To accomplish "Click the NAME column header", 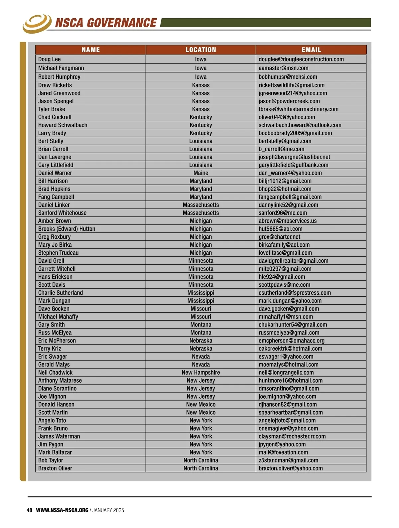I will coord(90,50).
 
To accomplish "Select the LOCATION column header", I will coord(201,50).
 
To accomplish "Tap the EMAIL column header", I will coord(311,50).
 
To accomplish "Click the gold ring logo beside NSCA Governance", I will coord(37,23).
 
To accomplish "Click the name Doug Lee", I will coord(50,59).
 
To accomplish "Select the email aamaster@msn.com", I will coord(283,68).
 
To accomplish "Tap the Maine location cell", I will coord(201,173).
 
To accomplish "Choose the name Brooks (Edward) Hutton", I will coord(67,229).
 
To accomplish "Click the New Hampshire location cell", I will coord(201,372).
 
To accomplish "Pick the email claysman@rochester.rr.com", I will coord(292,436).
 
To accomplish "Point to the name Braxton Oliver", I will coord(55,468).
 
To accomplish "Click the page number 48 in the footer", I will coord(30,510).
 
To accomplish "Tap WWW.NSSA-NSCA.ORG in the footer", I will coord(62,510).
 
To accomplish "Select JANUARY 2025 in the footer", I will coord(108,510).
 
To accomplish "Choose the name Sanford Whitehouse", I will coord(62,213).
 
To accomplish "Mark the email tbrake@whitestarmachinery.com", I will coord(298,109).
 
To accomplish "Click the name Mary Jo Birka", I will coord(55,245).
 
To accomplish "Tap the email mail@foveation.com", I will coord(283,452).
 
